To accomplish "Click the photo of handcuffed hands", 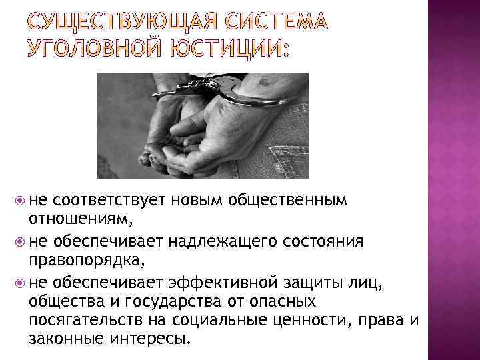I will coord(203,125).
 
